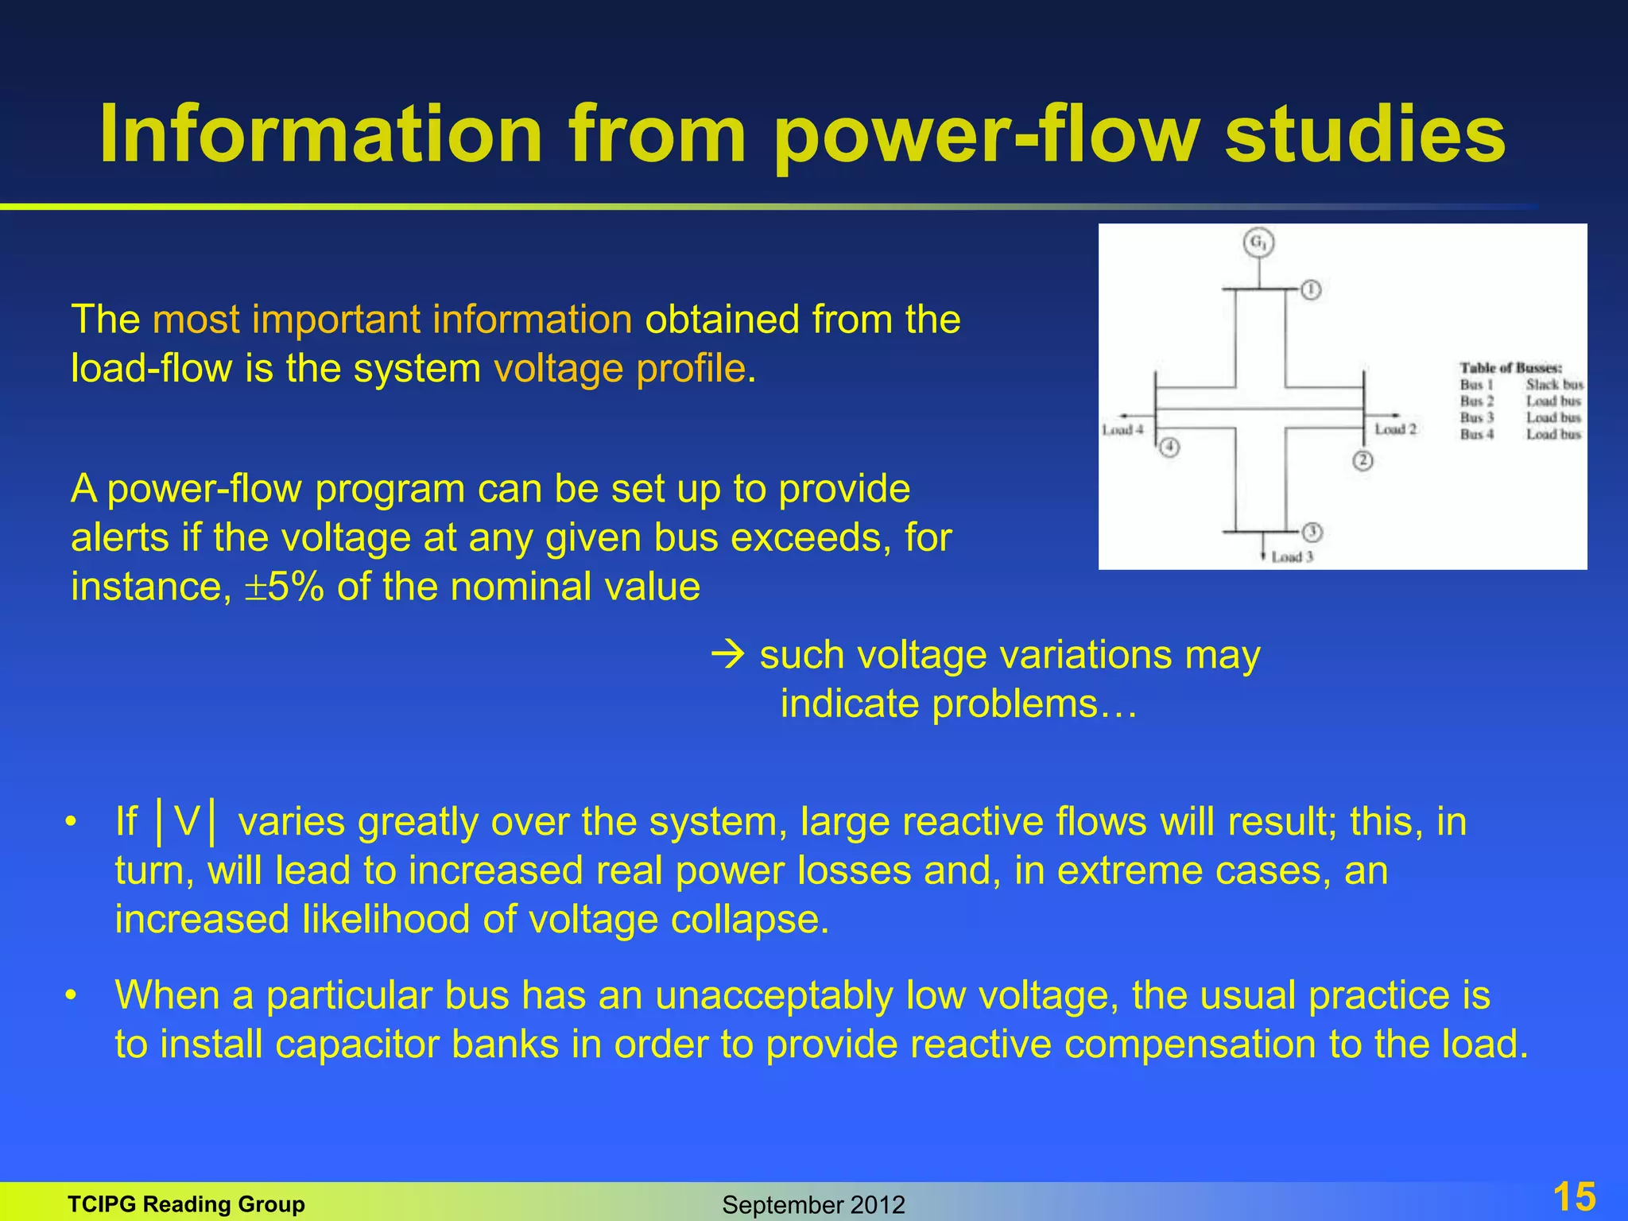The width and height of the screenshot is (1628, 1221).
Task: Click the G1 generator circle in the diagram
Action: tap(1258, 242)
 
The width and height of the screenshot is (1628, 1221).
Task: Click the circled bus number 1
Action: tap(1311, 289)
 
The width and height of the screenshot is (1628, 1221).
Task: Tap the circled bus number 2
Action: tap(1362, 460)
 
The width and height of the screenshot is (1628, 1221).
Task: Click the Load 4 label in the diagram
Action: tap(1122, 430)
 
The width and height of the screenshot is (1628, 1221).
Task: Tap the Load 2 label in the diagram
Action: tap(1396, 429)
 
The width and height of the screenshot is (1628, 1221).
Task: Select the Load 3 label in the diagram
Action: tap(1292, 557)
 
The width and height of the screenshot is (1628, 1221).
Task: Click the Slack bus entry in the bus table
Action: tap(1554, 385)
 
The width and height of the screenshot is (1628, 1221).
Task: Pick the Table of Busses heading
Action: tap(1510, 367)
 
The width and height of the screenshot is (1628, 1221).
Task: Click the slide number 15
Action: tap(1573, 1196)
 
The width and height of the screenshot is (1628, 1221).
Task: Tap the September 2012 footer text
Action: tap(813, 1205)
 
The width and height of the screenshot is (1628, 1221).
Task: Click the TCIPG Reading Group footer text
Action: tap(186, 1204)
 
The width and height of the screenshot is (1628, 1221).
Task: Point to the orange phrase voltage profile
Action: tap(619, 368)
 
